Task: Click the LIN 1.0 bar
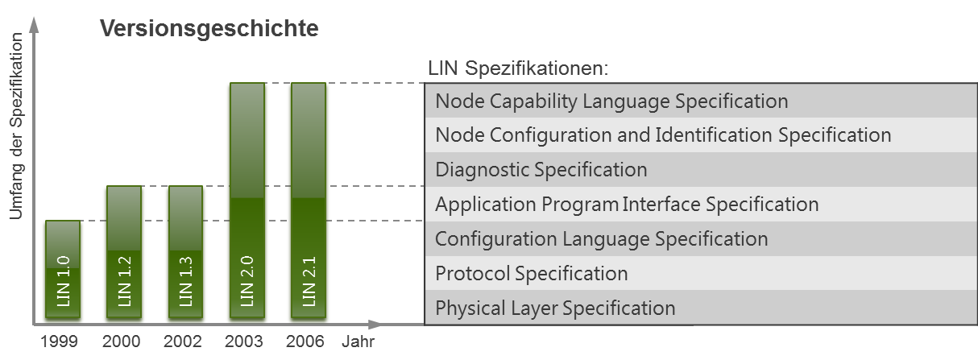point(62,270)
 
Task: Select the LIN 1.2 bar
point(123,254)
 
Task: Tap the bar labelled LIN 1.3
point(184,254)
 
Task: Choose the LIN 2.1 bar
point(308,201)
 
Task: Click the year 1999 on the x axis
point(60,341)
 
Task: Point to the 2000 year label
point(122,341)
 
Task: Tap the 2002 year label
point(183,341)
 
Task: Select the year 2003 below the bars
point(244,341)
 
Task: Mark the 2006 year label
point(305,341)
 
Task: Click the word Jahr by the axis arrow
point(356,341)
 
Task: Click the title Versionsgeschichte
point(209,29)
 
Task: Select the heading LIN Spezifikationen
point(519,68)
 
